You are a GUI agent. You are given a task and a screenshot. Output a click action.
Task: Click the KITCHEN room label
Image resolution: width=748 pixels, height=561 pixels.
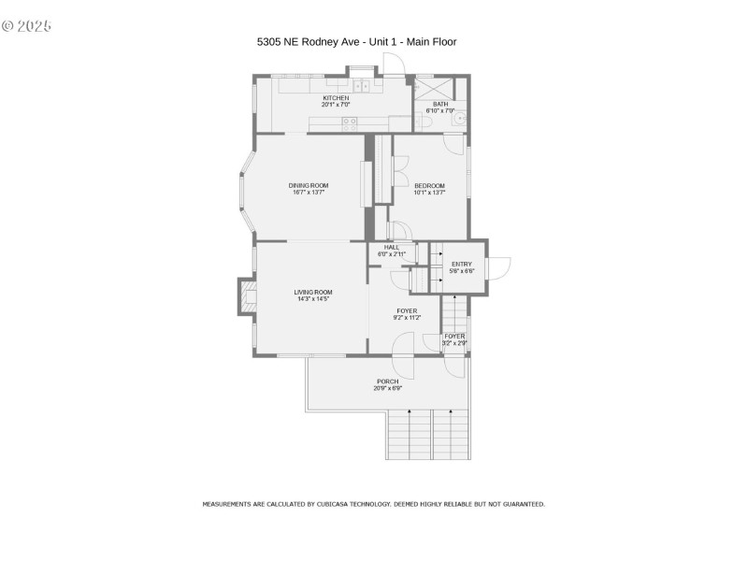click(336, 98)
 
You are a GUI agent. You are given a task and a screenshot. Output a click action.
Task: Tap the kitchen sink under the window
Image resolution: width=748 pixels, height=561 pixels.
click(361, 86)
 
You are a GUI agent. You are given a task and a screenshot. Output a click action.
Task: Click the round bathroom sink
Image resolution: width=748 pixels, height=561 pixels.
click(457, 119)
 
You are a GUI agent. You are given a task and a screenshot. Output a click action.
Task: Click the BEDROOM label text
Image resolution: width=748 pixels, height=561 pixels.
click(429, 185)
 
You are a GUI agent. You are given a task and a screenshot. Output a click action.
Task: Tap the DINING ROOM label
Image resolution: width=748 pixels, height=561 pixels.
click(309, 185)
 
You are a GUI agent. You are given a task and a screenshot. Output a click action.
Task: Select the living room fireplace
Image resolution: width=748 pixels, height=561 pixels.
click(248, 297)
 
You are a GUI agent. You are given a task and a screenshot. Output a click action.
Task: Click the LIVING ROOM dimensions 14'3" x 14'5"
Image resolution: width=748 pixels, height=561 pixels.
click(314, 299)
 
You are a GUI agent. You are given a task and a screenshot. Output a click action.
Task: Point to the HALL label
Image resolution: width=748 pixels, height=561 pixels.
click(391, 247)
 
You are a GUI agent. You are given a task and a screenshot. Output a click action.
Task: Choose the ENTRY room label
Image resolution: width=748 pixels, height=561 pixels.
click(462, 265)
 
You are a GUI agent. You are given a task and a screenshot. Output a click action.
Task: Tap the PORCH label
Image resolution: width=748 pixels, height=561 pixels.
click(387, 381)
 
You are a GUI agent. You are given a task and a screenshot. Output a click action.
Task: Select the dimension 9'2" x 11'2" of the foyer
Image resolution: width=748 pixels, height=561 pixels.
click(407, 318)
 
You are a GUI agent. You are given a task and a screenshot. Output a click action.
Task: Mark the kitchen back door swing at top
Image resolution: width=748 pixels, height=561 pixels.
click(395, 64)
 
